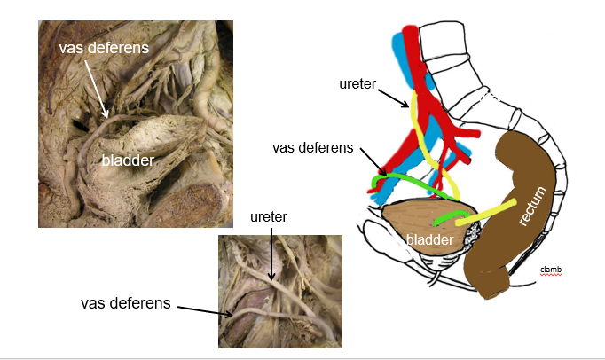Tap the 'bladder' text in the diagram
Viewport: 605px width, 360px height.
(x=428, y=239)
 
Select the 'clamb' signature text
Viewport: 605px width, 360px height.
(x=551, y=270)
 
